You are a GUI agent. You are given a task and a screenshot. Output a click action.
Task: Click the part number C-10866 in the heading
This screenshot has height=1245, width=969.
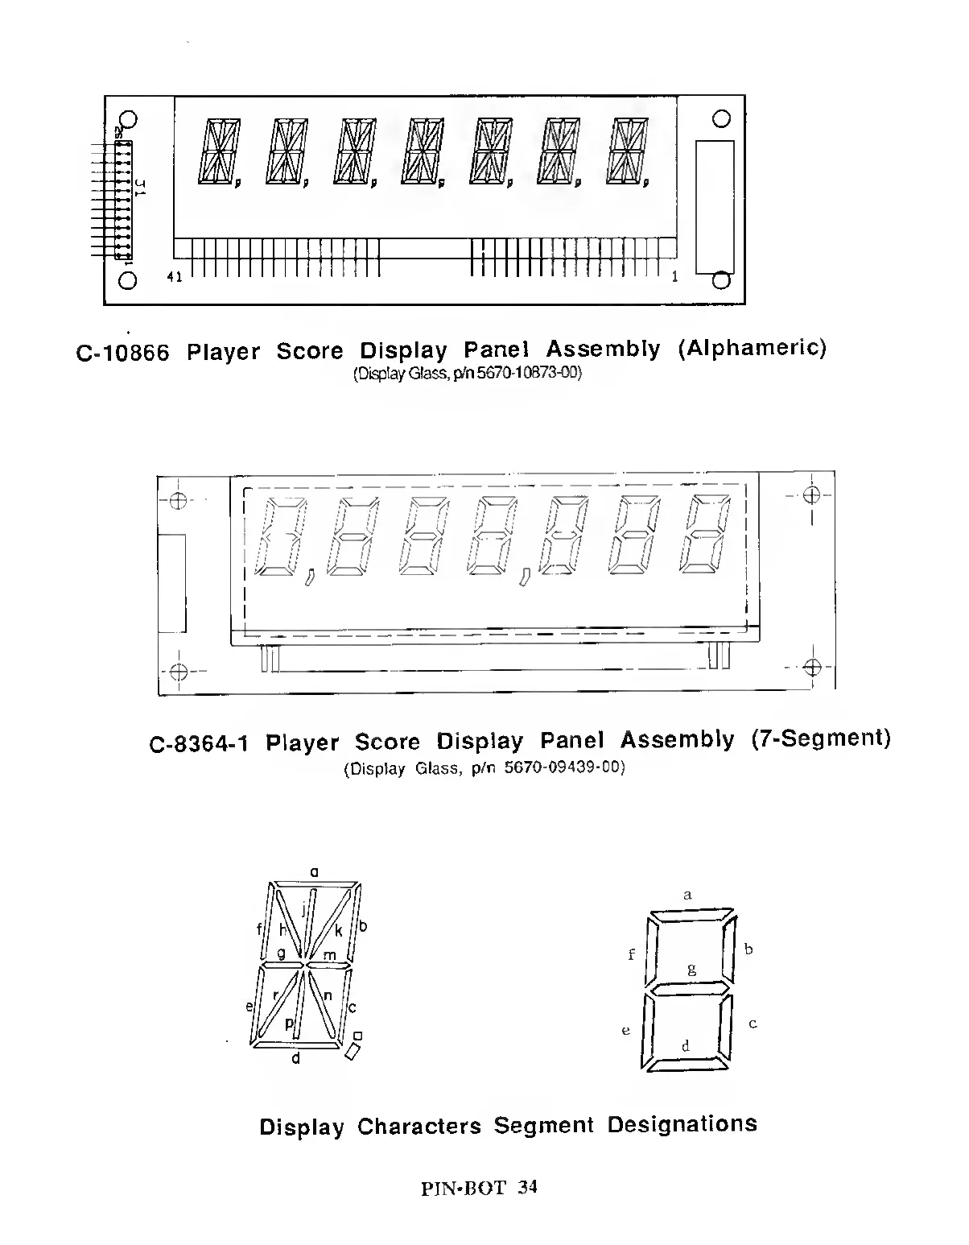tap(122, 353)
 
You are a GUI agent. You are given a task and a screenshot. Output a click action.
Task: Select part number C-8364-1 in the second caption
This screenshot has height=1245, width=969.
tap(199, 742)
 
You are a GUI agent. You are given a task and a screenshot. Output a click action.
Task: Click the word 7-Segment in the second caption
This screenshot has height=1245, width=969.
tap(821, 738)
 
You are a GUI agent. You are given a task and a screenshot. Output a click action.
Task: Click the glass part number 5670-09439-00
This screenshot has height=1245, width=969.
tap(564, 767)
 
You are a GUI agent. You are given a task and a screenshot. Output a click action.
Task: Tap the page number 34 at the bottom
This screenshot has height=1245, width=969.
tap(528, 1187)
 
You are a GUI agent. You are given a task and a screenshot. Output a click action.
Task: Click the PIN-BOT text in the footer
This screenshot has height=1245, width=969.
tap(463, 1188)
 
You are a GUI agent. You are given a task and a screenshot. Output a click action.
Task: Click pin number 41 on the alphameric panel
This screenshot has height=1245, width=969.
tap(175, 277)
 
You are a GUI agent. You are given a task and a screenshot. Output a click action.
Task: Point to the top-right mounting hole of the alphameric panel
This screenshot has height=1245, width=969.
tap(721, 118)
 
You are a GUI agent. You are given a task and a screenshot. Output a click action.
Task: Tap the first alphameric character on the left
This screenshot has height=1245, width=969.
tap(215, 151)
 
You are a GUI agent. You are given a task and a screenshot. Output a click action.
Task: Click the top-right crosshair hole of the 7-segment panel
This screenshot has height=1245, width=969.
tap(812, 494)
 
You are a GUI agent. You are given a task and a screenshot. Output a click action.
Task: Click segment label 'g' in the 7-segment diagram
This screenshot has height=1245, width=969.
tap(691, 969)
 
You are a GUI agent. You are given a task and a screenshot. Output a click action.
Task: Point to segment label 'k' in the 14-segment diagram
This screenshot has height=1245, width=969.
tap(339, 931)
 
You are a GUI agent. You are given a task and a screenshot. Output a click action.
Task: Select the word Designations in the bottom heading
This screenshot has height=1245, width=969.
tap(682, 1124)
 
